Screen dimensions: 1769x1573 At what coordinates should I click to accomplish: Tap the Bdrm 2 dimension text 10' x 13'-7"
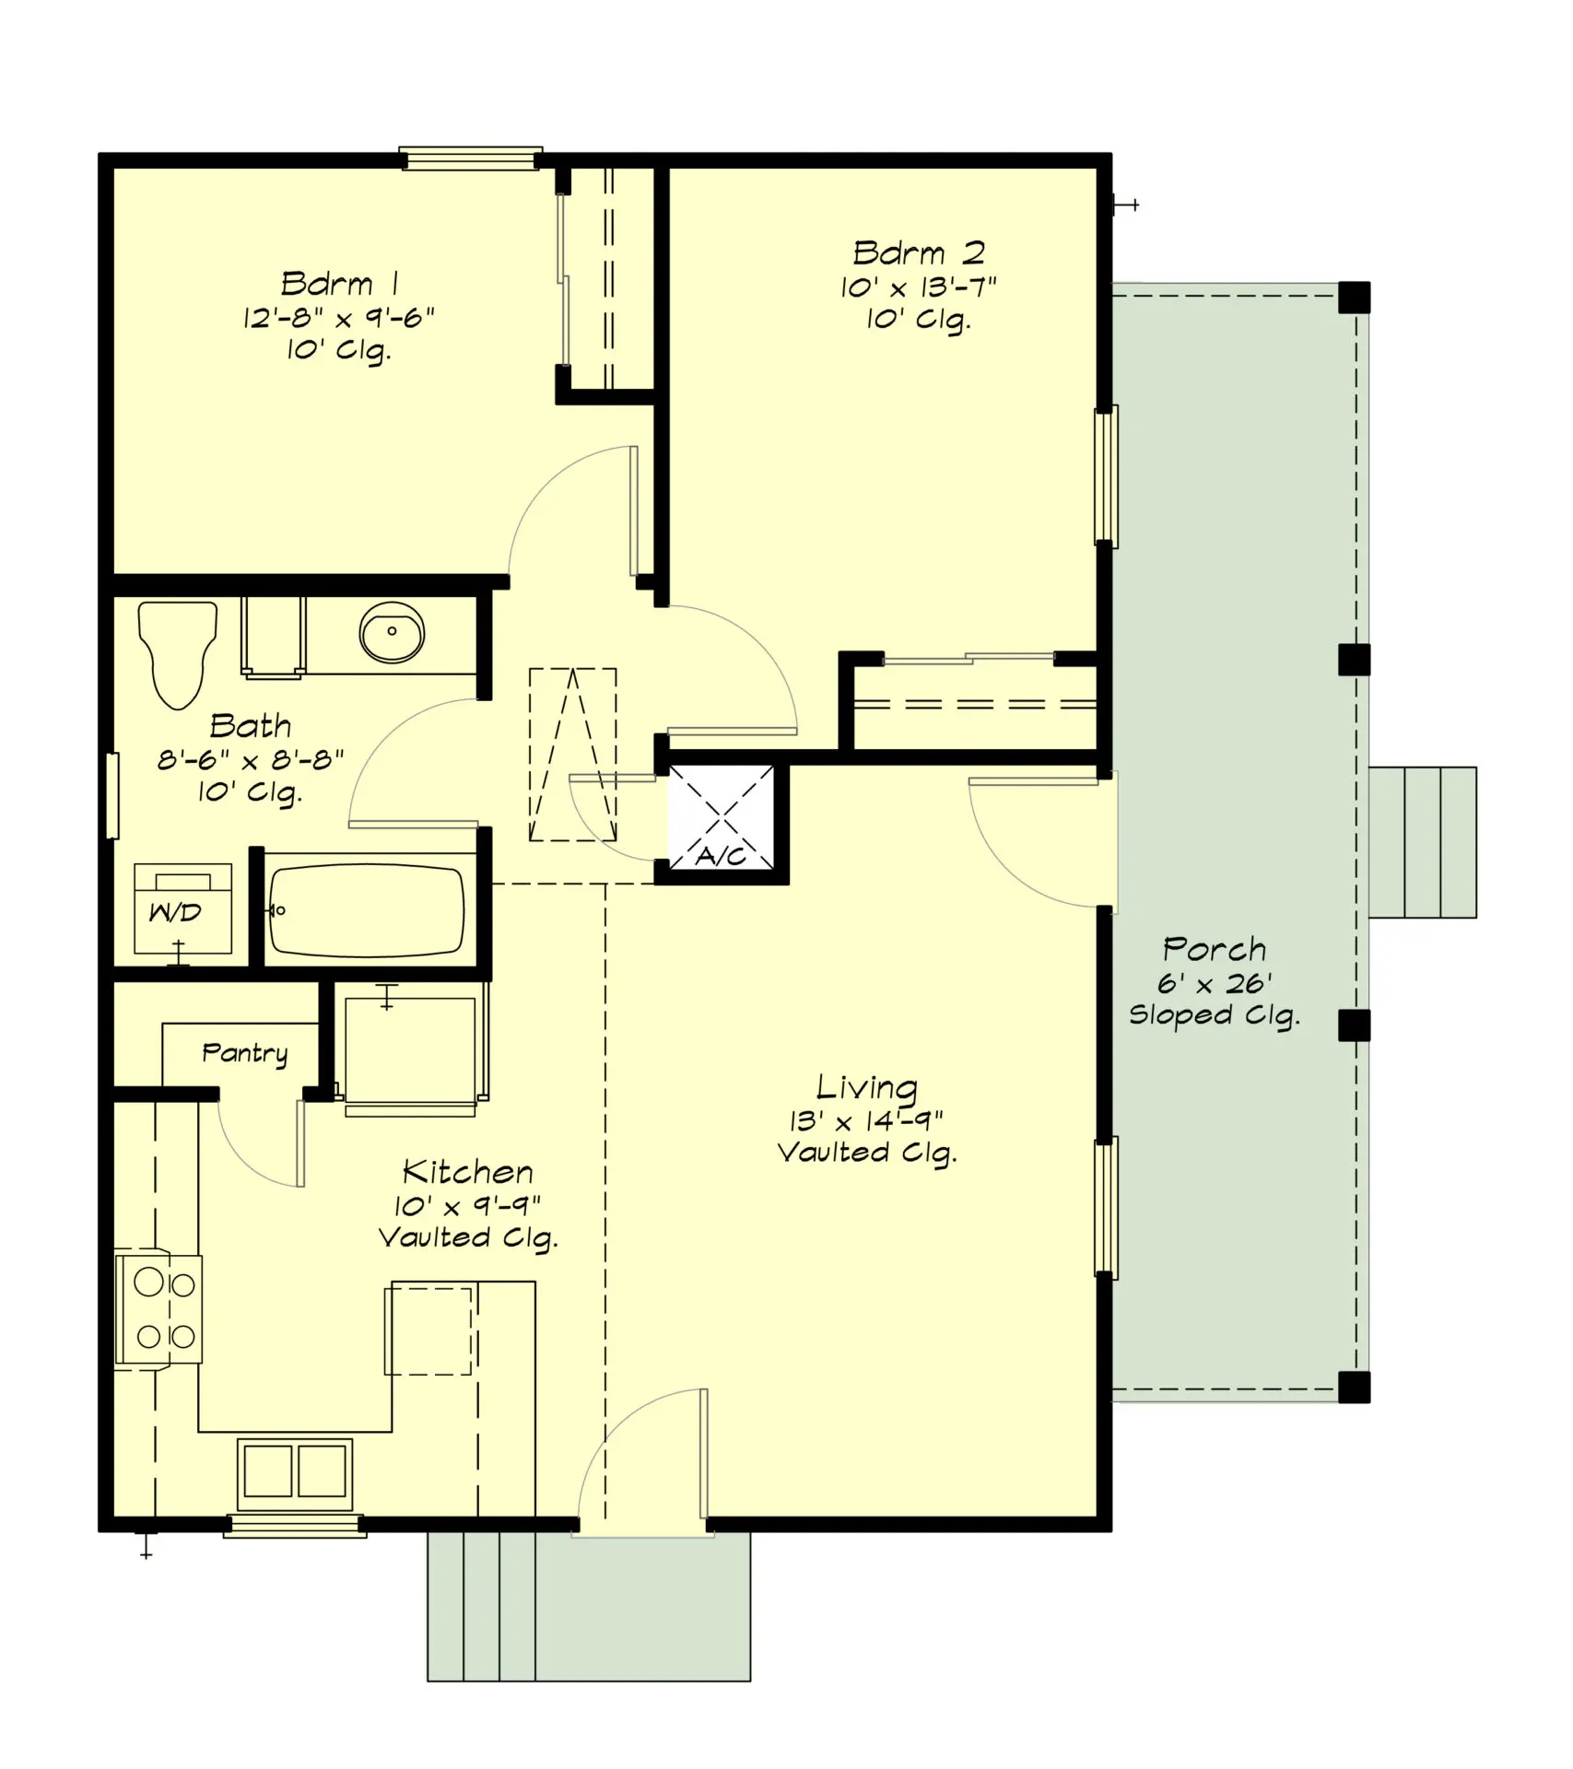click(918, 287)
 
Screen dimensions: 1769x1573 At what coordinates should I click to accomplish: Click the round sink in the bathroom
click(392, 632)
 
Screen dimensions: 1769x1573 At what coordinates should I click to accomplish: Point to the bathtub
click(366, 910)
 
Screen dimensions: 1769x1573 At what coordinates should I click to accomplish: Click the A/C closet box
click(722, 818)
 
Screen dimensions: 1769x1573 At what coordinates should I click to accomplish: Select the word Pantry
click(244, 1052)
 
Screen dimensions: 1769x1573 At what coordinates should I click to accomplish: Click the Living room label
click(866, 1087)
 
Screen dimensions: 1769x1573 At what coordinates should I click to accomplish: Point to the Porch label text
click(1214, 949)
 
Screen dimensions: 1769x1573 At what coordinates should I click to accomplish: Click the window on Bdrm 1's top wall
click(470, 159)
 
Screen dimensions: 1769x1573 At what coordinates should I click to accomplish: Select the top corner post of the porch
click(1353, 298)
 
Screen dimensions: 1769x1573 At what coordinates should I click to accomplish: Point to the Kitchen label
click(468, 1172)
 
